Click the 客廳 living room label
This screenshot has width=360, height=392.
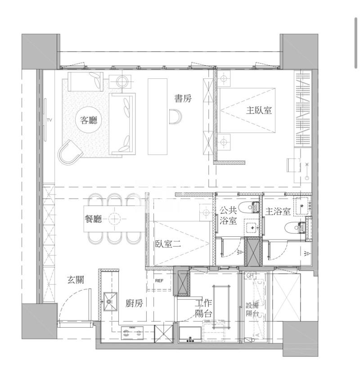point(89,121)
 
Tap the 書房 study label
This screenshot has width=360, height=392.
point(183,98)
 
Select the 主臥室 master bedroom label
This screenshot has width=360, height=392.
point(259,110)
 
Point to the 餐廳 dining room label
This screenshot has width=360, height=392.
point(93,219)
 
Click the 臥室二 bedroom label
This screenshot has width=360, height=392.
point(168,244)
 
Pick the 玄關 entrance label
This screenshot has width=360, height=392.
point(76,280)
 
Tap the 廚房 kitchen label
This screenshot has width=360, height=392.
point(134,303)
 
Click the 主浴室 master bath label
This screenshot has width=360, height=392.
point(278,212)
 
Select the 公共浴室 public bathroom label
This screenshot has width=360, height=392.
point(228,216)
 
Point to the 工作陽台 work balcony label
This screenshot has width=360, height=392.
point(204,308)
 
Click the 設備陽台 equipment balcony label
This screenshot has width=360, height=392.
point(252,309)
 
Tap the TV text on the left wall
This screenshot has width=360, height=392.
point(49,120)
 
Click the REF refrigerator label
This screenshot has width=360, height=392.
point(159,281)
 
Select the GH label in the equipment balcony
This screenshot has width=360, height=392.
point(250,275)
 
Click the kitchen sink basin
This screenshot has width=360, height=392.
point(110,302)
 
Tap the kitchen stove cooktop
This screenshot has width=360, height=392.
point(132,333)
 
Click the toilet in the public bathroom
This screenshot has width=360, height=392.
point(248,207)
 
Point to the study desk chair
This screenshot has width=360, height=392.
point(175,117)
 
